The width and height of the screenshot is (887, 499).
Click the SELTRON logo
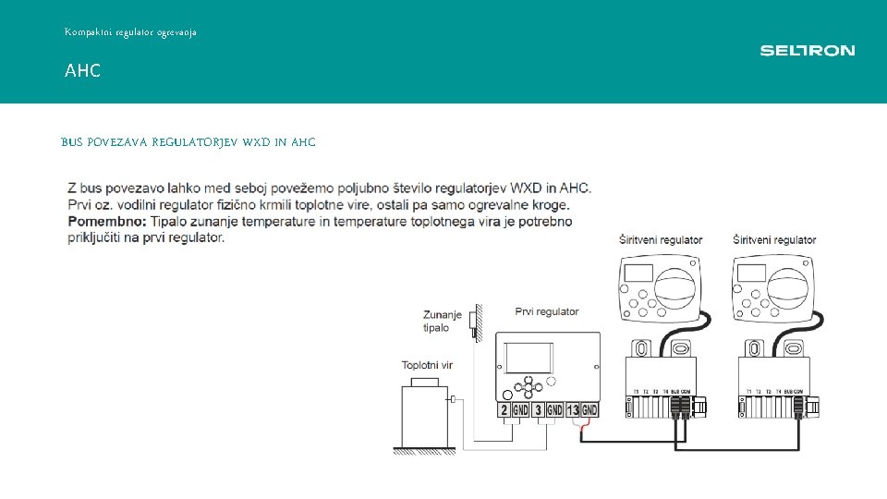[x=807, y=51]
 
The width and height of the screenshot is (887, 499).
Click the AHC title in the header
[x=82, y=71]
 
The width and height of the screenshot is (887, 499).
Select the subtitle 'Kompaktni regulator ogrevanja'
[x=130, y=32]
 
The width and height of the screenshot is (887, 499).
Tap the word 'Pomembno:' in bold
[x=107, y=222]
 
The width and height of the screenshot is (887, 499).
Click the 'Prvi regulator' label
[x=547, y=311]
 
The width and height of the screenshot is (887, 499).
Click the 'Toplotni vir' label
[x=427, y=365]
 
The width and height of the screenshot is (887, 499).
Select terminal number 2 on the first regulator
[x=504, y=409]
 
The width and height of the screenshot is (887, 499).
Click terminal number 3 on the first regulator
[x=538, y=409]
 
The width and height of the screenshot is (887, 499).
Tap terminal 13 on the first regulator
[x=572, y=409]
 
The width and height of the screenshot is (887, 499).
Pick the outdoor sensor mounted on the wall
[x=474, y=322]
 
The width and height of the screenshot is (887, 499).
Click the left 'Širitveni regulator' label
[x=661, y=240]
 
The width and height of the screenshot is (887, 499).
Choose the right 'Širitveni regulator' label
[x=774, y=240]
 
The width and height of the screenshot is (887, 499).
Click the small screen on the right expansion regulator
[x=751, y=273]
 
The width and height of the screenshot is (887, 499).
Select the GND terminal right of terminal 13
[x=589, y=409]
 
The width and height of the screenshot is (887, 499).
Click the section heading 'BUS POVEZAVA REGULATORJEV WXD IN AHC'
[x=188, y=142]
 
